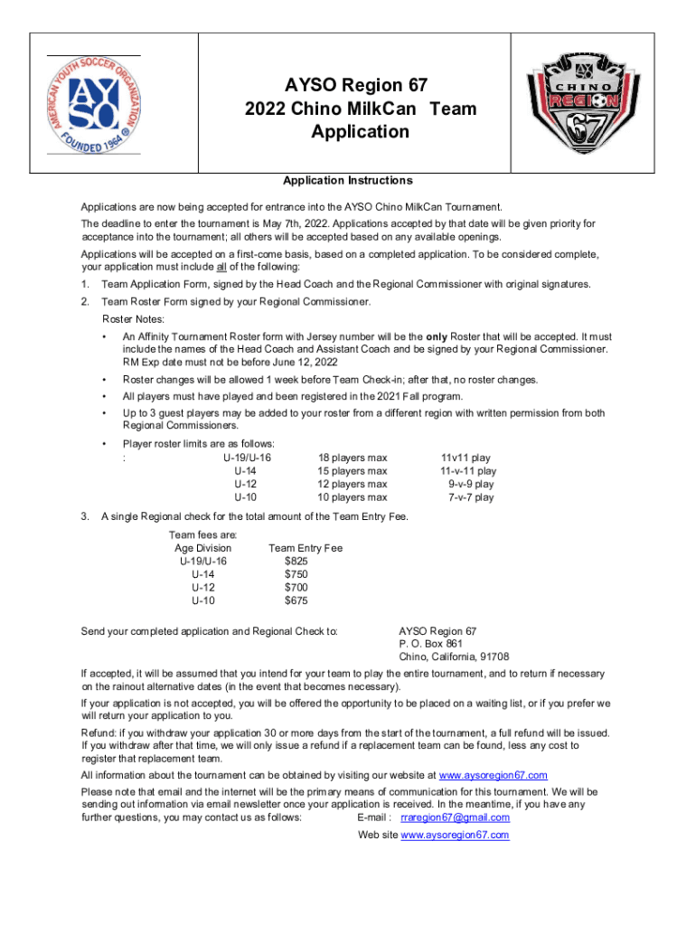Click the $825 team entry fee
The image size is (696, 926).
(x=296, y=562)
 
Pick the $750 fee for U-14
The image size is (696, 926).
(x=296, y=574)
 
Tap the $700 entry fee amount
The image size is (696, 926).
(x=296, y=587)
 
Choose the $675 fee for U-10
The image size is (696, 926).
(x=296, y=600)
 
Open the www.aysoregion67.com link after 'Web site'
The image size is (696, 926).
(x=455, y=835)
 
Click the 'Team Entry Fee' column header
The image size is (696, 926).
(x=306, y=548)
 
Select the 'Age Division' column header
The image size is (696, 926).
(x=202, y=548)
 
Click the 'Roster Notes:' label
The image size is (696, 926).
(x=132, y=319)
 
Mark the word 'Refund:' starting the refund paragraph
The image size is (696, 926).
(x=99, y=732)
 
